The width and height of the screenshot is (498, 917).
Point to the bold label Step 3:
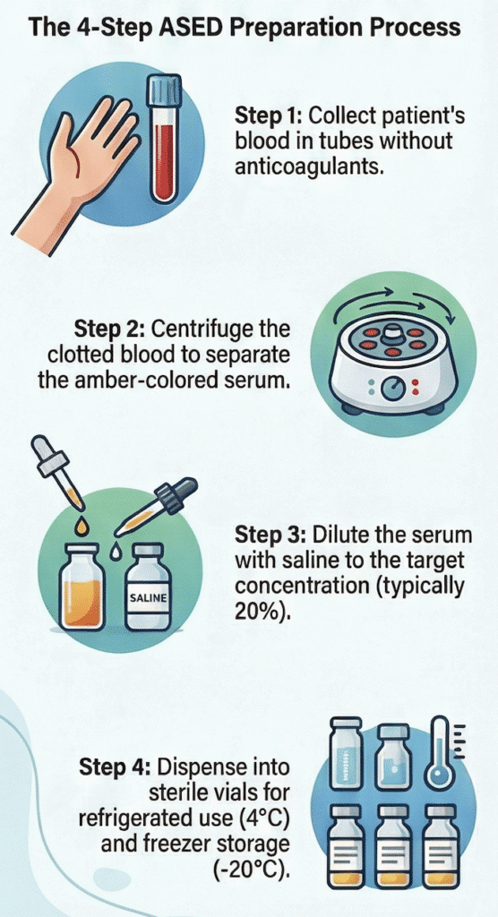point(270,536)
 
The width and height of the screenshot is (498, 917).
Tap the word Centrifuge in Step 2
point(202,330)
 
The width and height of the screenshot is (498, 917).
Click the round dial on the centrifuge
point(391,389)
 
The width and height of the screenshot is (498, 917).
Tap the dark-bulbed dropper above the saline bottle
point(156,508)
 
